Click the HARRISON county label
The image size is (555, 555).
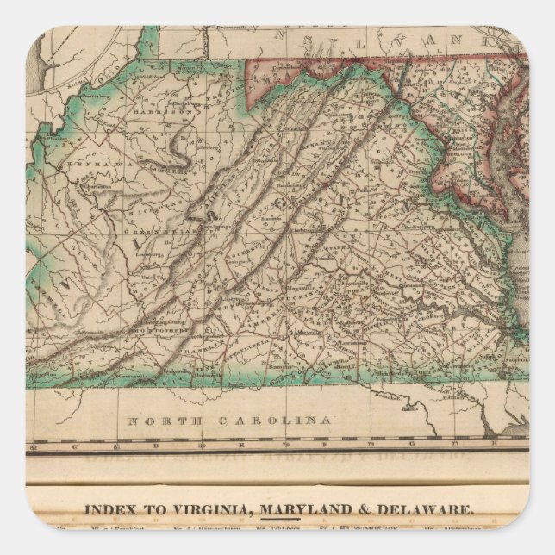pyautogui.click(x=173, y=112)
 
